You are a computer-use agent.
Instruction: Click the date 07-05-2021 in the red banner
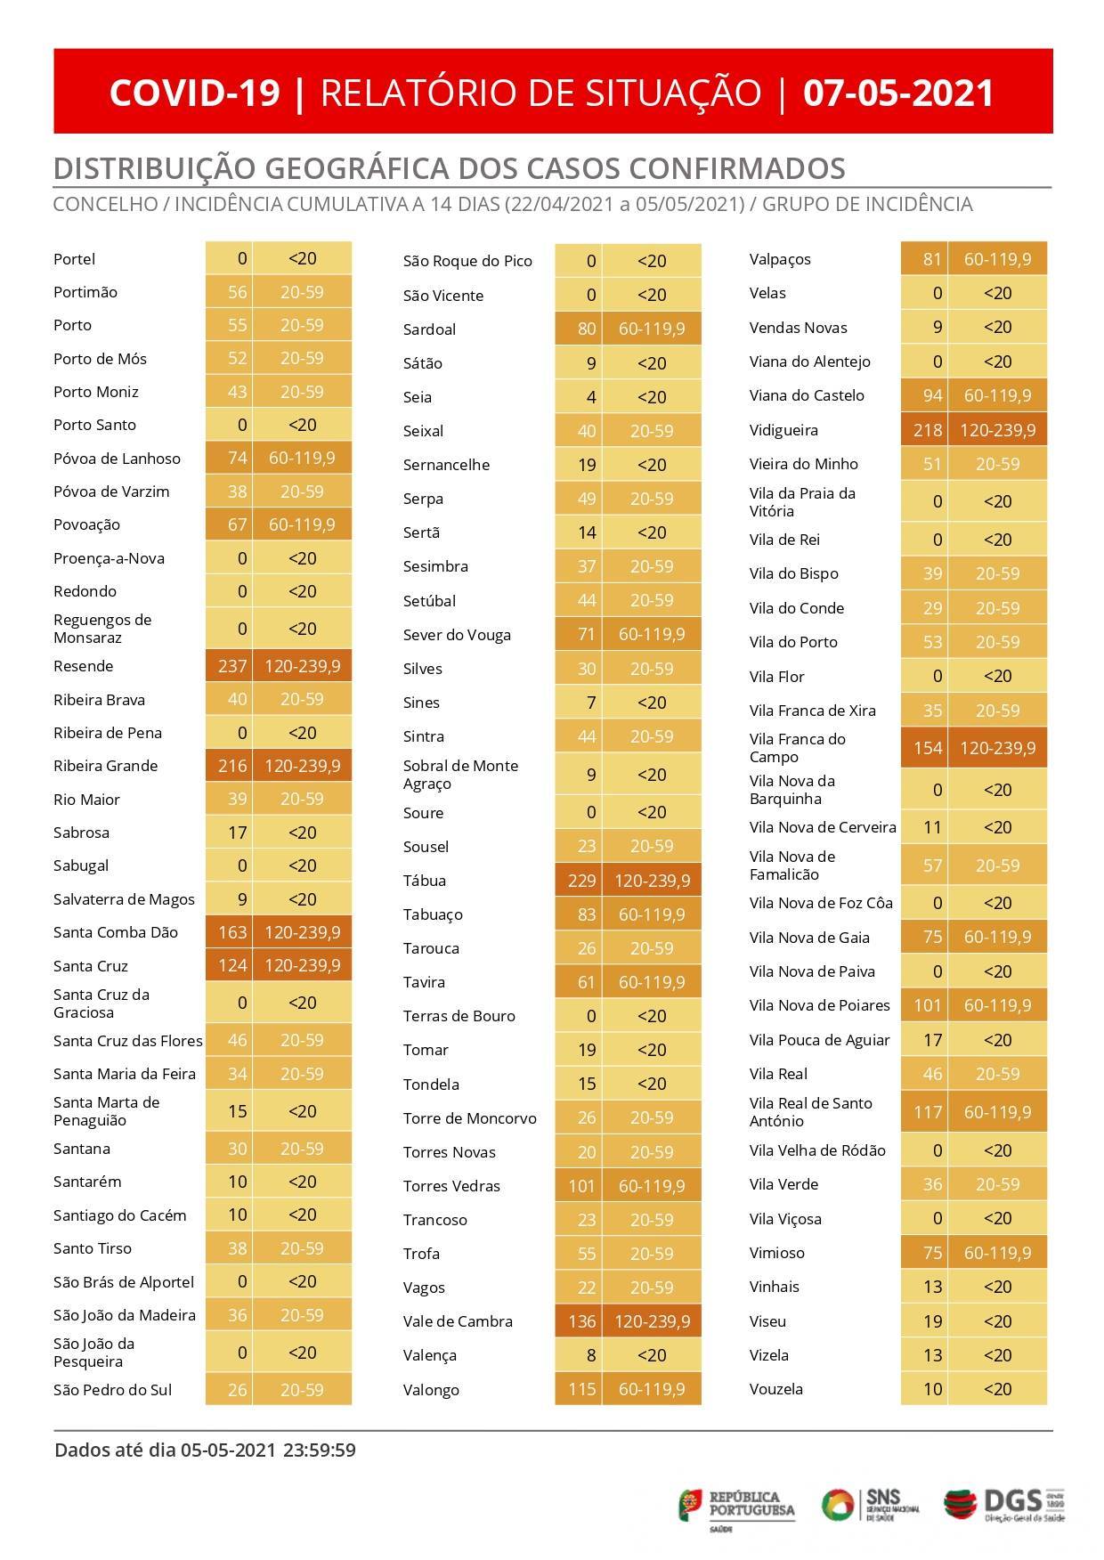(898, 93)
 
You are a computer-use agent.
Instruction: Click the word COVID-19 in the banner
(194, 93)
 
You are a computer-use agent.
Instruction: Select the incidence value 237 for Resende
(230, 666)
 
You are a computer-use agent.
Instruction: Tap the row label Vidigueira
(783, 430)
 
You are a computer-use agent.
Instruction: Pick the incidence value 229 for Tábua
(580, 881)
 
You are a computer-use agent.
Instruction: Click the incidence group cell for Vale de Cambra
(652, 1321)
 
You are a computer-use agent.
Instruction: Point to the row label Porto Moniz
(95, 392)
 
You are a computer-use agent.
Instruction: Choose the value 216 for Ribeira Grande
(230, 766)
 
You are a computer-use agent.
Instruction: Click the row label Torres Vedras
(451, 1186)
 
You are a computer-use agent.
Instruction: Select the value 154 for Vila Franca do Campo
(926, 748)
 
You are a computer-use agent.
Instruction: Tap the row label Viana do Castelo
(807, 395)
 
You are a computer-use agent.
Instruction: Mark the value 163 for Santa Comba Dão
(230, 932)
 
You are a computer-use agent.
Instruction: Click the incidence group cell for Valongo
(652, 1389)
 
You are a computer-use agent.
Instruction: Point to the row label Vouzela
(776, 1389)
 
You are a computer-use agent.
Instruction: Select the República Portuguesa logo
(737, 1505)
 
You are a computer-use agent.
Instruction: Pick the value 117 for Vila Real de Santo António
(926, 1112)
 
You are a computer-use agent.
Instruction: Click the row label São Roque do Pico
(467, 261)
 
